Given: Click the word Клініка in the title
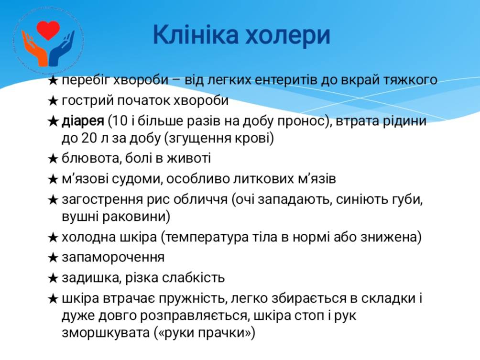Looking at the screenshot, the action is (196, 34).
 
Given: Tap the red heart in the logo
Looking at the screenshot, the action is (48, 30).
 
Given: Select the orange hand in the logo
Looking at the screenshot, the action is (34, 49).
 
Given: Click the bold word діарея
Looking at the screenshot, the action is (83, 121).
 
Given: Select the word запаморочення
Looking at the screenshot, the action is (113, 258).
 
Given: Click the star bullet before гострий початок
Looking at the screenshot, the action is (53, 101).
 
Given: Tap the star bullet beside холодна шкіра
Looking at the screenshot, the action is (53, 238).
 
